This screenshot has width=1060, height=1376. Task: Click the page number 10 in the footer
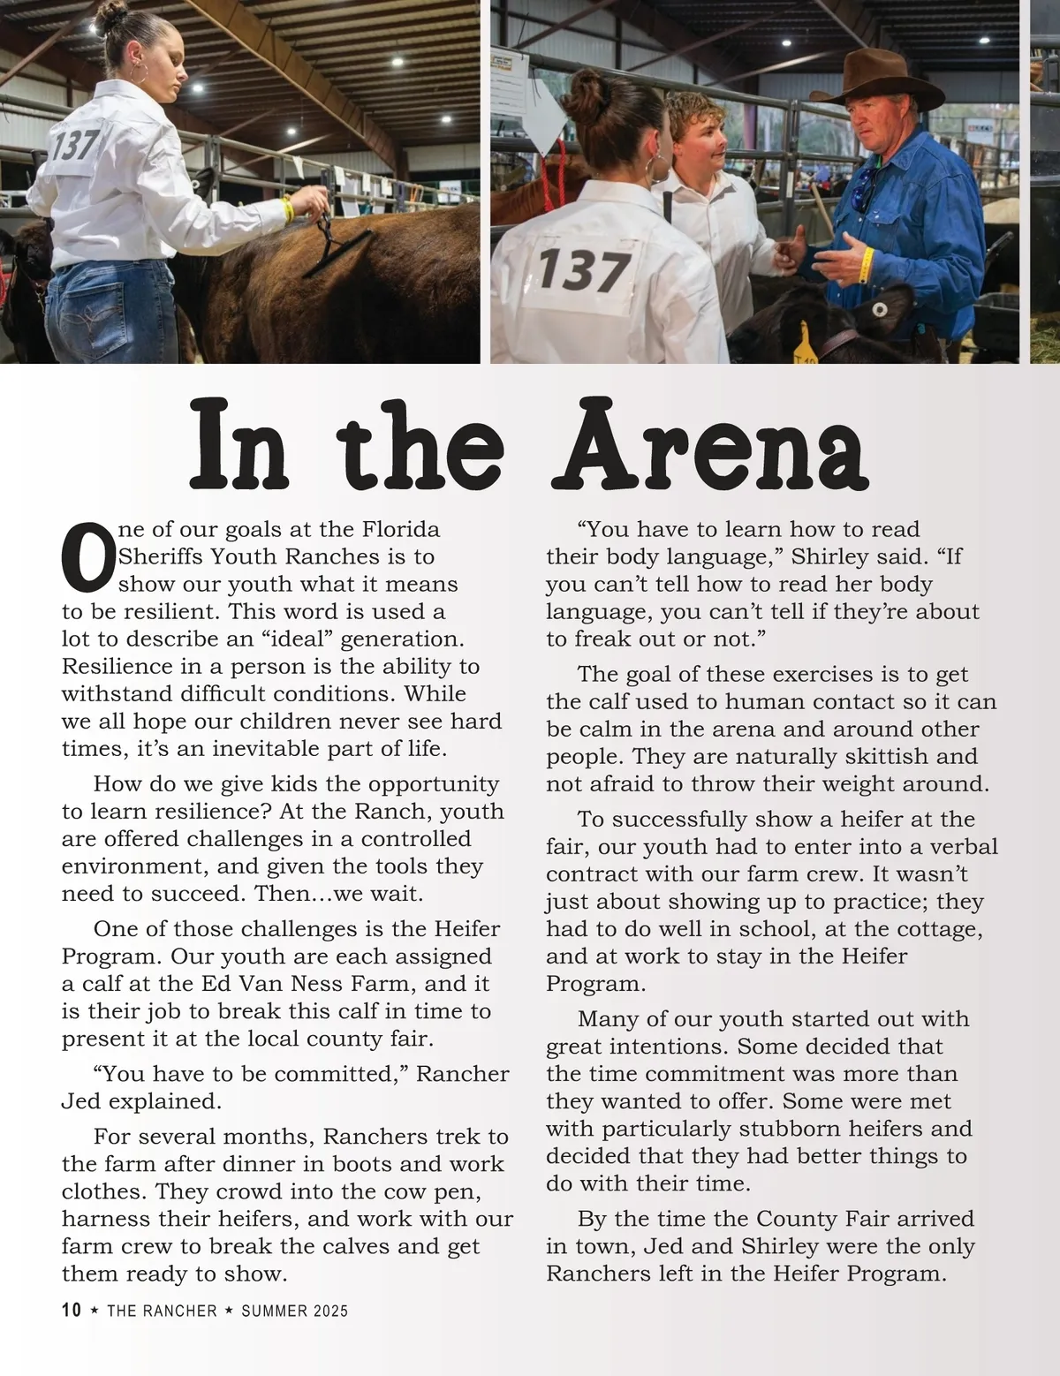point(72,1310)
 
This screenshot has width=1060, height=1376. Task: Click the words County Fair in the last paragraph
point(822,1219)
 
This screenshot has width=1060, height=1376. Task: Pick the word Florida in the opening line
point(401,529)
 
